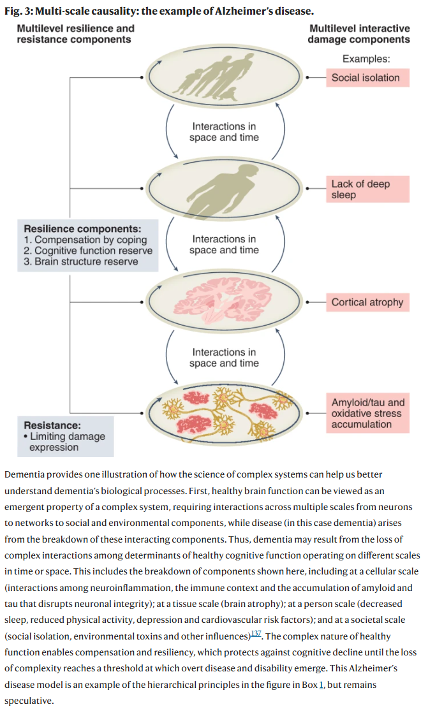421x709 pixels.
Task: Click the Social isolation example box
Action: [x=366, y=78]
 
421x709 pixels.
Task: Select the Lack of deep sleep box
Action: [x=368, y=189]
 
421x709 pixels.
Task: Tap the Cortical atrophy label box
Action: [x=367, y=302]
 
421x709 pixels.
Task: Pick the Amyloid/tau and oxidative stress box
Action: [x=368, y=413]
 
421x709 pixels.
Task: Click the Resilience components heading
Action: [x=82, y=228]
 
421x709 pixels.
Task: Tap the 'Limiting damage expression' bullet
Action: [x=66, y=442]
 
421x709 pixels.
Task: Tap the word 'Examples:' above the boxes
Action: [x=366, y=59]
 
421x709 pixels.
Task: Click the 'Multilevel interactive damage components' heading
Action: [x=359, y=34]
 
